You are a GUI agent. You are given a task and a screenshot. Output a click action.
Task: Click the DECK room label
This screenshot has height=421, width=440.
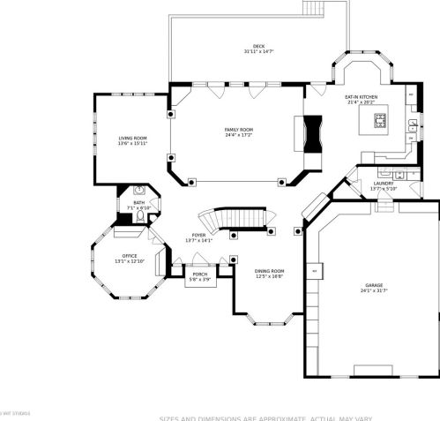(x=257, y=46)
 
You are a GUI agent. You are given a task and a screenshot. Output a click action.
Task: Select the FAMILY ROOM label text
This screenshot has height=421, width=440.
(x=238, y=130)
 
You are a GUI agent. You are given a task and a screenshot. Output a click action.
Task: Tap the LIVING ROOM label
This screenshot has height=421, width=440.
(x=132, y=138)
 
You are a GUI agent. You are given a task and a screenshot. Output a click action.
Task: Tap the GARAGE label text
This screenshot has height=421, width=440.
(x=375, y=286)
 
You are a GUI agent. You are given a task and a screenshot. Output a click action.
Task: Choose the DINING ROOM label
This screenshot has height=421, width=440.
(x=269, y=271)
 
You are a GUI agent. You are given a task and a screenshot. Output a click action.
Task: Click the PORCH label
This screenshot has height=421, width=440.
(x=200, y=274)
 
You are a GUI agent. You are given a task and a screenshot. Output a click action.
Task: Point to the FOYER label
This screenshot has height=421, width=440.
(x=198, y=235)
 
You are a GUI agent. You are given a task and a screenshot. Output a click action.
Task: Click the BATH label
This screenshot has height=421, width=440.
(x=139, y=202)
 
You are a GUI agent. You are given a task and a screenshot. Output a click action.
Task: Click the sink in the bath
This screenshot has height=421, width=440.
(x=139, y=190)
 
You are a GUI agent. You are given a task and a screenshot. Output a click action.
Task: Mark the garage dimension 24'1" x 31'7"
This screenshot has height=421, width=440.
(x=375, y=291)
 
